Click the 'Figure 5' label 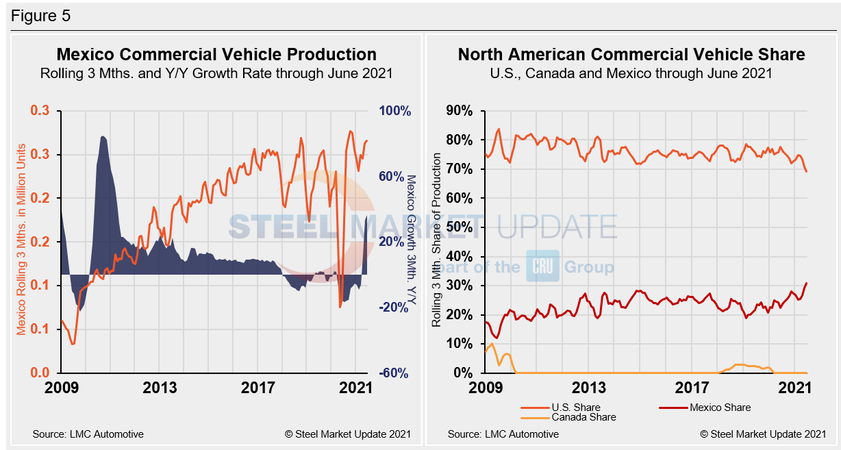[x=40, y=15]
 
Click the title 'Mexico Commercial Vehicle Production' [x=216, y=55]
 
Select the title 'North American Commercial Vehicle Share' [x=631, y=55]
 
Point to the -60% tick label [x=394, y=373]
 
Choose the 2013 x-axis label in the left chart [x=160, y=388]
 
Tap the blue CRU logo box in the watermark [x=542, y=266]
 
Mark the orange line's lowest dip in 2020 [x=340, y=306]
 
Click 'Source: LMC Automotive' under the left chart [x=88, y=434]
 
